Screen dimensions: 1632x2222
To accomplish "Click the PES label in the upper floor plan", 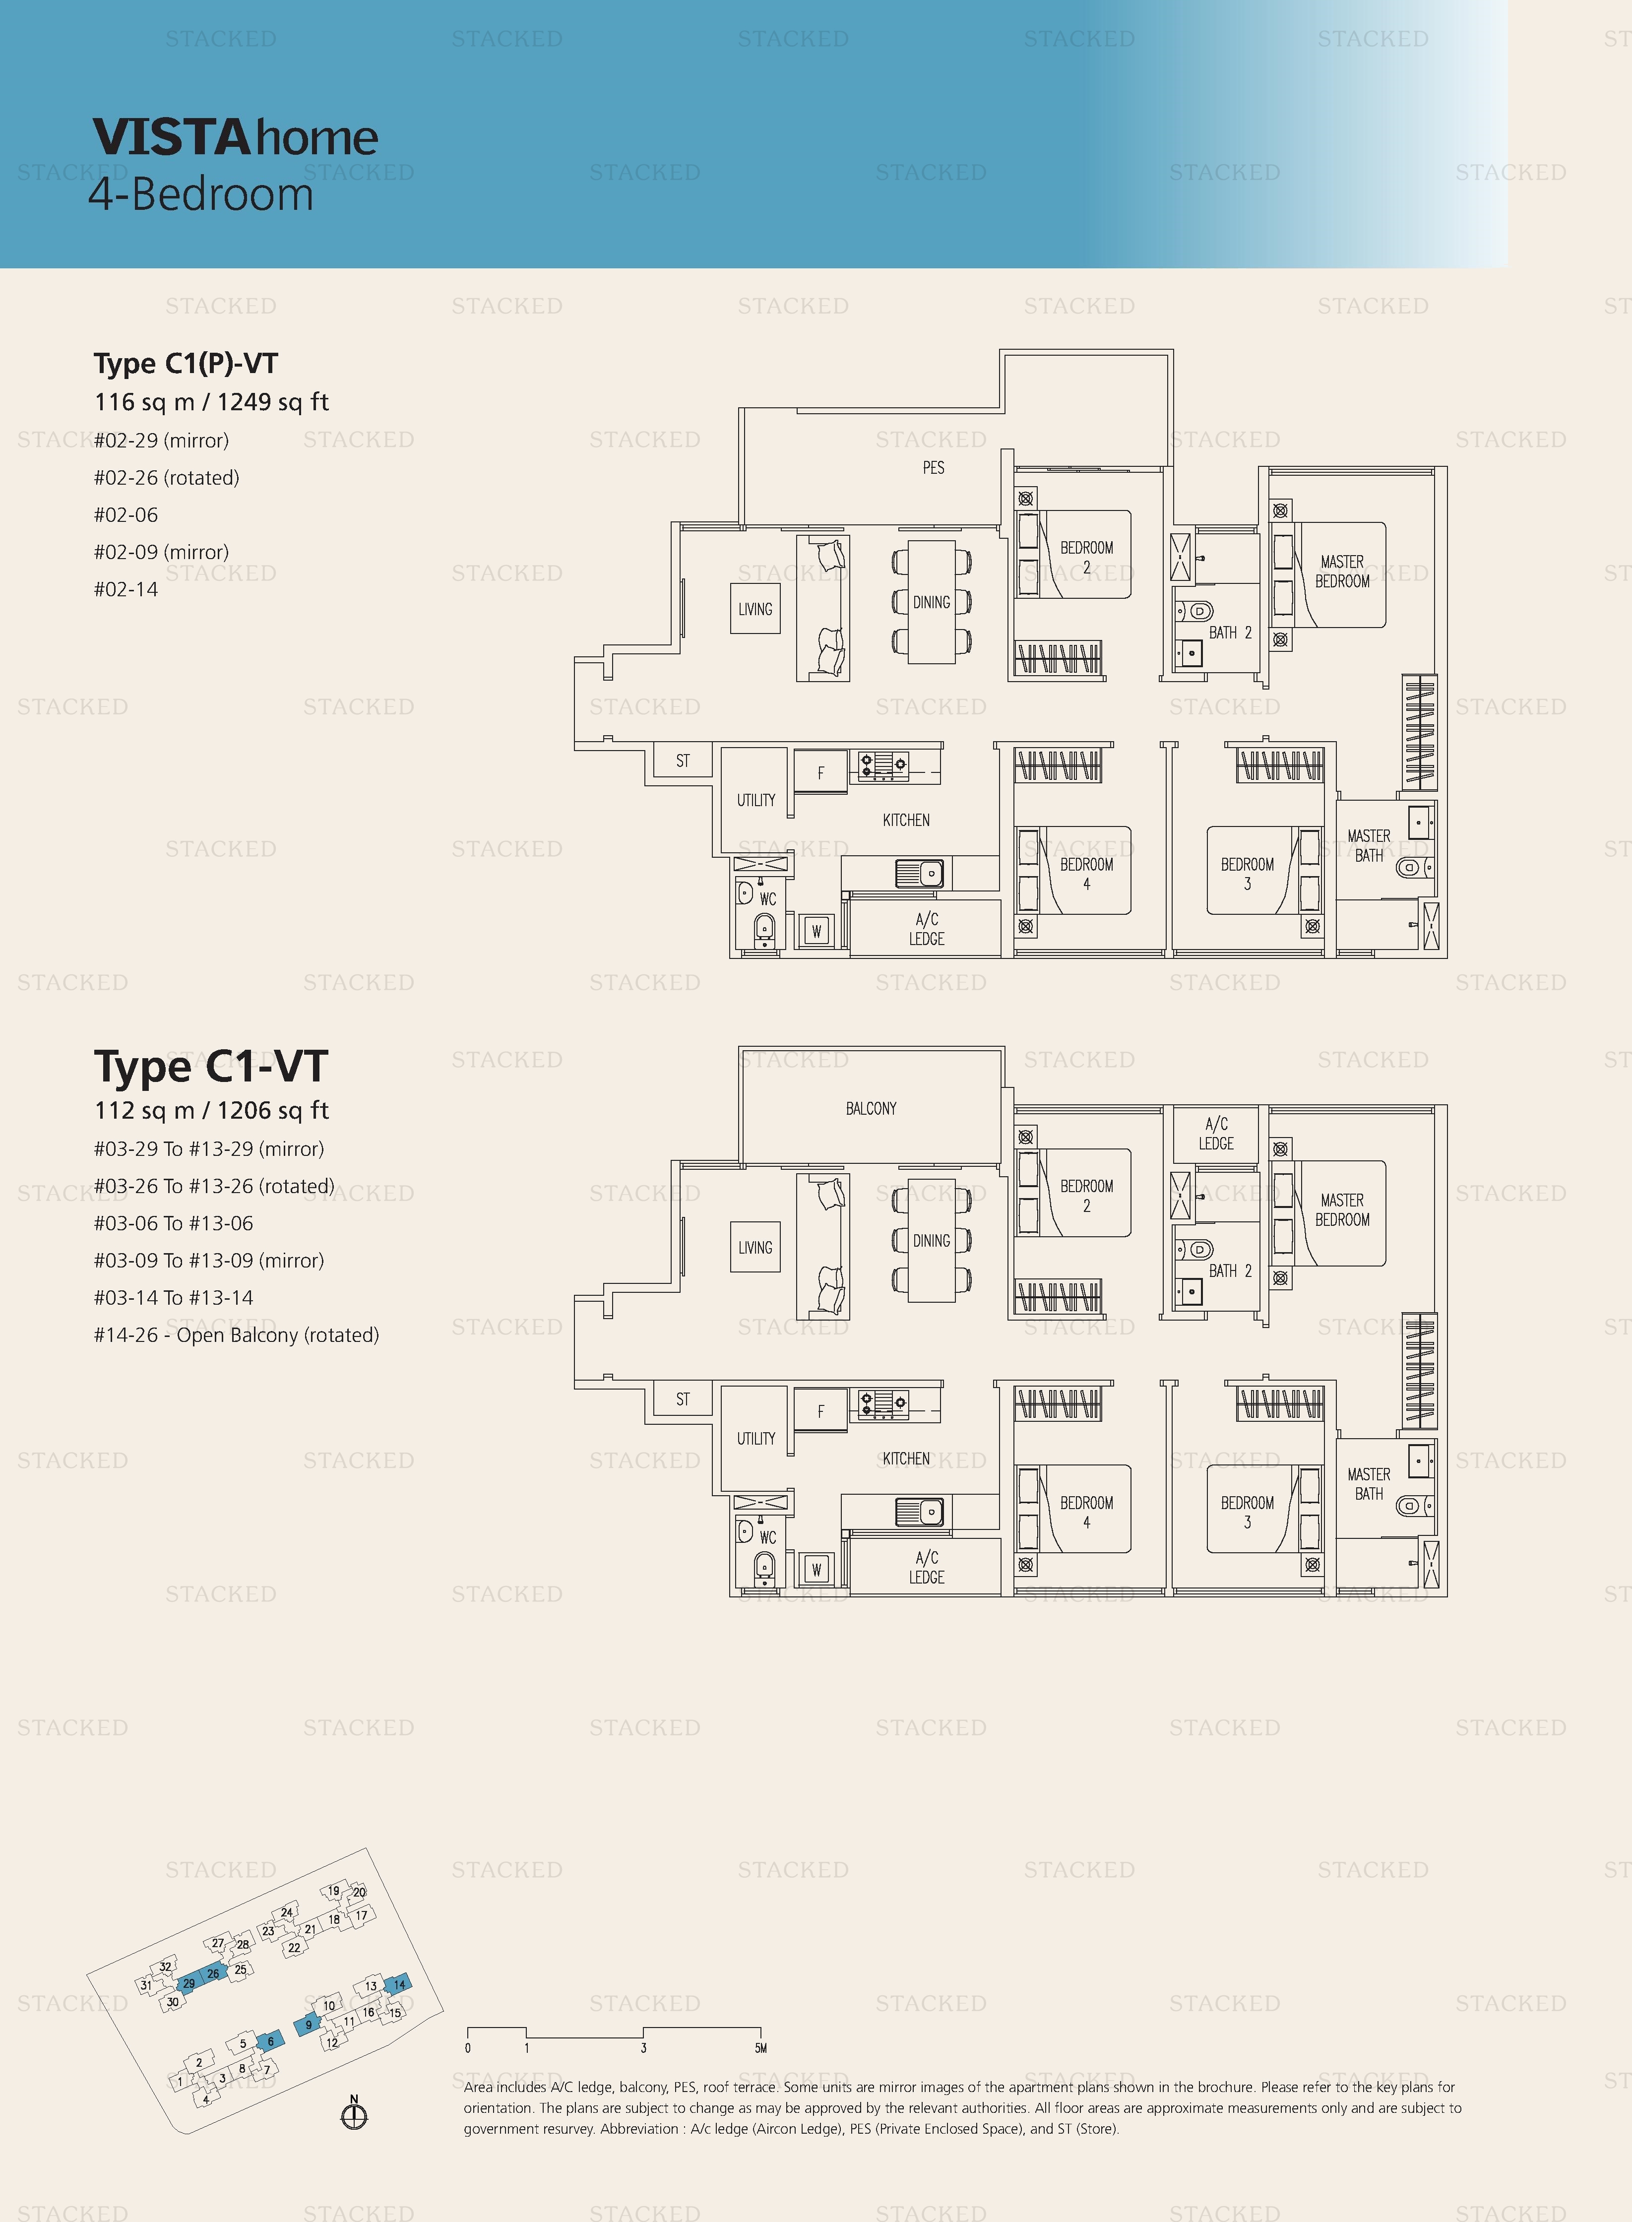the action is pyautogui.click(x=934, y=467).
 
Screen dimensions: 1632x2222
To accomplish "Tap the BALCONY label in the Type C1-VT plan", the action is pyautogui.click(x=871, y=1109).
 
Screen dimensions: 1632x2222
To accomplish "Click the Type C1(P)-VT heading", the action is pyautogui.click(x=186, y=364).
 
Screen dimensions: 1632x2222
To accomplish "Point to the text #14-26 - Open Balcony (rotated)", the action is pyautogui.click(x=236, y=1335).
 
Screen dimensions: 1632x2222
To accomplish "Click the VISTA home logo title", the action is pyautogui.click(x=235, y=137).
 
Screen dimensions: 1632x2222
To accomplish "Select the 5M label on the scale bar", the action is pyautogui.click(x=760, y=2048).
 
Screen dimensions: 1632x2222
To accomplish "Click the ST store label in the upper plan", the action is pyautogui.click(x=683, y=761).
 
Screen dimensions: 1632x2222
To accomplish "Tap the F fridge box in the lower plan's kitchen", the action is pyautogui.click(x=820, y=1411).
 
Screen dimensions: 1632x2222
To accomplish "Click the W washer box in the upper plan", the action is pyautogui.click(x=816, y=931).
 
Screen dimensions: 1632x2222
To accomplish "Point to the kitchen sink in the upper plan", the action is pyautogui.click(x=920, y=874).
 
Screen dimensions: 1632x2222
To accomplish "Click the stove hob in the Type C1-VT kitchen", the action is pyautogui.click(x=883, y=1403).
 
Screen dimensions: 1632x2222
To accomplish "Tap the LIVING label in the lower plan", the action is pyautogui.click(x=755, y=1248).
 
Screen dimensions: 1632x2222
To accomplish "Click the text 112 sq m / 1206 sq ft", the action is pyautogui.click(x=211, y=1111).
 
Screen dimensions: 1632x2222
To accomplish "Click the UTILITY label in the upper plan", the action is pyautogui.click(x=756, y=800).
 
